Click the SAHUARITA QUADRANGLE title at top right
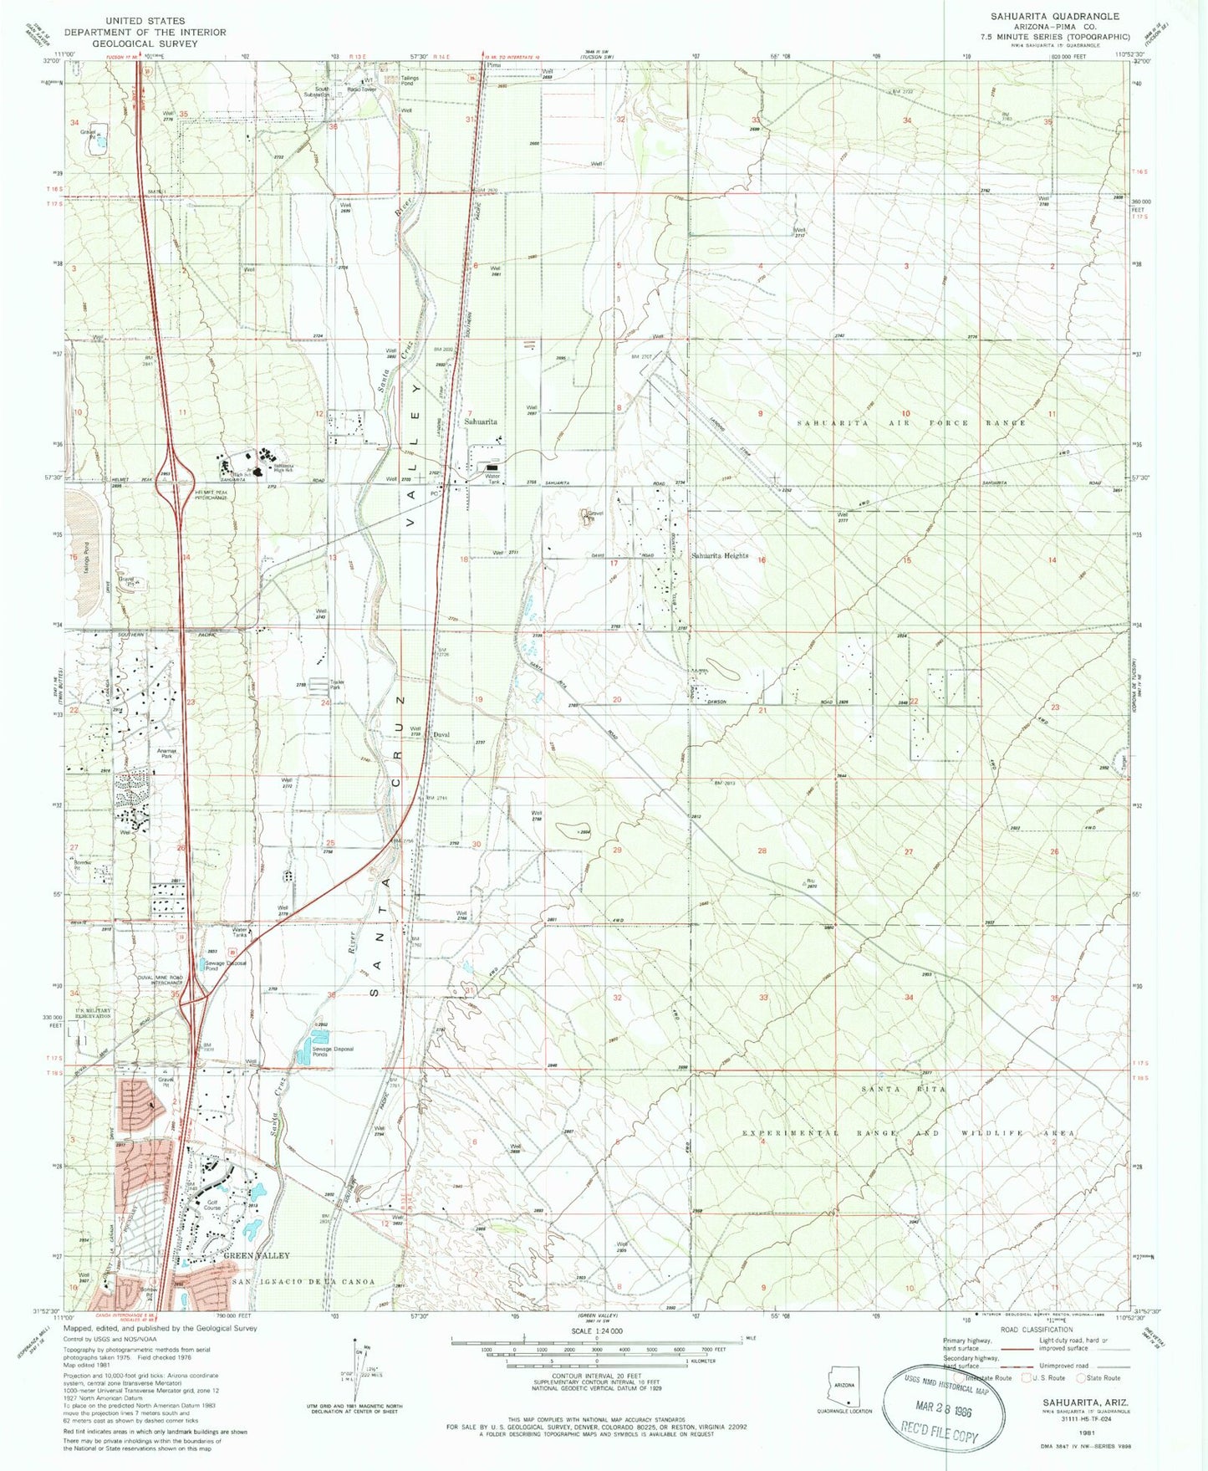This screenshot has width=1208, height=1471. [1054, 16]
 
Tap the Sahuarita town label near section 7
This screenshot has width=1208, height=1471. [481, 422]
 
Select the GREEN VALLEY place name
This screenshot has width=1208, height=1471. [256, 1256]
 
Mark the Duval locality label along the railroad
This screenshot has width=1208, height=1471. [442, 735]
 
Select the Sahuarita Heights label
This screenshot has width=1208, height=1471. [719, 556]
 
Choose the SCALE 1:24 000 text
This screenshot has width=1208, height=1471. [597, 1331]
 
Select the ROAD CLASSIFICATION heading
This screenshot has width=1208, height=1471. [1034, 1330]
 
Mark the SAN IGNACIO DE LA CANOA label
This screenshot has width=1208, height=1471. [303, 1282]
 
